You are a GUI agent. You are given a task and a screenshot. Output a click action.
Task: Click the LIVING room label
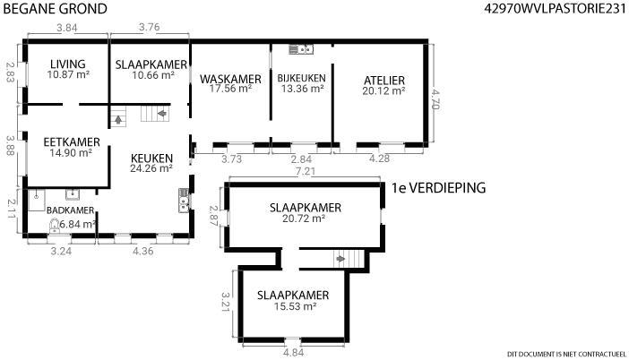68,64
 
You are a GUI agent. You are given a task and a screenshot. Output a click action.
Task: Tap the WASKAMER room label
230,79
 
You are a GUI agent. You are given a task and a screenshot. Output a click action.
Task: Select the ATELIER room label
384,81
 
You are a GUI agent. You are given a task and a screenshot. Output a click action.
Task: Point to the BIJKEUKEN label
302,78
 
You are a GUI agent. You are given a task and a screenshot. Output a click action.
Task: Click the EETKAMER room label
72,142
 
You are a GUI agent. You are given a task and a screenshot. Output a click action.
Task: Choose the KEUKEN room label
152,159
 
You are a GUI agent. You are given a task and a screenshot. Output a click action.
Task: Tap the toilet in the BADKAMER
54,226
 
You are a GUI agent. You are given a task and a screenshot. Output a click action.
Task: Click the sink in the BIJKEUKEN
301,49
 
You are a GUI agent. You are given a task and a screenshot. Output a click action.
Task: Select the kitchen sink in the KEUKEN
184,200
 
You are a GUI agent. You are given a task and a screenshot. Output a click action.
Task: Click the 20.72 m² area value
303,219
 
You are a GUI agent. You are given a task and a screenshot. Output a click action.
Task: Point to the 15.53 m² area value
296,306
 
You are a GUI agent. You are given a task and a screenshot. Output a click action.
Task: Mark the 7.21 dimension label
306,171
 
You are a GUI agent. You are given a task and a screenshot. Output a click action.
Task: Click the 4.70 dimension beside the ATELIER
435,99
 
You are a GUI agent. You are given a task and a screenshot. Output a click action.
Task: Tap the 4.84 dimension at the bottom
293,353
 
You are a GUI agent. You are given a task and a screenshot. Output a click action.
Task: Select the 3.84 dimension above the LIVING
67,28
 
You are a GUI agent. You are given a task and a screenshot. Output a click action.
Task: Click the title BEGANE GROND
55,9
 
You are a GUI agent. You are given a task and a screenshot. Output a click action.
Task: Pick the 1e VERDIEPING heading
438,188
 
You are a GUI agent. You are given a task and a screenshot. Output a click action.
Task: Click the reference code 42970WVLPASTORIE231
556,8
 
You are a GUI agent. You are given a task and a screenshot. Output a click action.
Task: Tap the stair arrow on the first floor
340,259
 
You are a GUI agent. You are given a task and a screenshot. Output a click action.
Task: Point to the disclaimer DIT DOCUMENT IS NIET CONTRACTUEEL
566,354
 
